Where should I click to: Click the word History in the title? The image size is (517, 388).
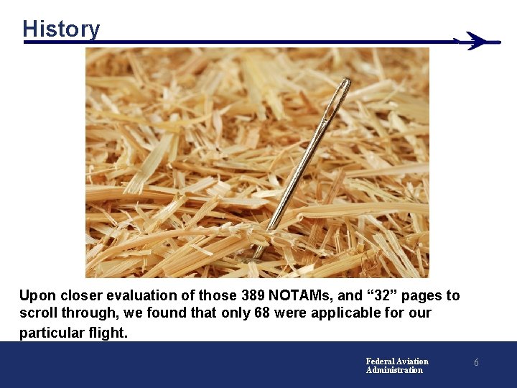61,29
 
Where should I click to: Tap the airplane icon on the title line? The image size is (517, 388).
476,41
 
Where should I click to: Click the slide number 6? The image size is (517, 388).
475,364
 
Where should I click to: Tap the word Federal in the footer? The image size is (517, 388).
380,361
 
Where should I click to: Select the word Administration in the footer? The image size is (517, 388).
394,370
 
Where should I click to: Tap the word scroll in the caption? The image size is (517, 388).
37,314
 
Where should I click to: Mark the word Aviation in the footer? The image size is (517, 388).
412,361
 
